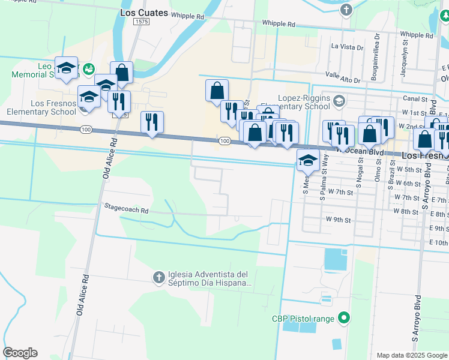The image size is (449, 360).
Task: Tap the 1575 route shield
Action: pos(142,22)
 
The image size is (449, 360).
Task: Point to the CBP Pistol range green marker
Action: pos(343,318)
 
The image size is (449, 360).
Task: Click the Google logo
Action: pos(20,353)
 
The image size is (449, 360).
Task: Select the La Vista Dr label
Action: pos(348,46)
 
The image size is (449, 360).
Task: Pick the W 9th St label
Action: pos(337,220)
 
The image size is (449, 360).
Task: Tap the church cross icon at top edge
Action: pos(346,10)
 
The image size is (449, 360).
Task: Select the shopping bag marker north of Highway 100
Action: pos(217,91)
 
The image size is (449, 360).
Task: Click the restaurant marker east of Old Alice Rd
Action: pos(151,123)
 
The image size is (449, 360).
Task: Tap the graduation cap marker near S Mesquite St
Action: pos(308,160)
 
